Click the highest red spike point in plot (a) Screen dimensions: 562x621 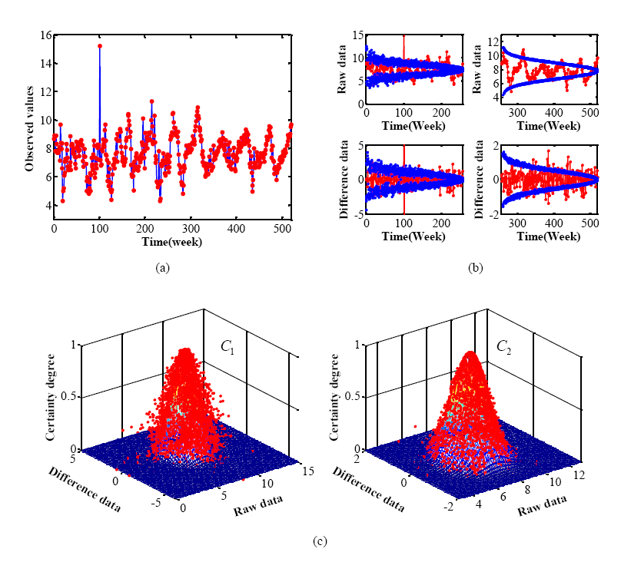point(100,46)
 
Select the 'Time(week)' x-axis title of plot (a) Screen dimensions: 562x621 point(172,241)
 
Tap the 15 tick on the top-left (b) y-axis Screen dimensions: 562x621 point(356,35)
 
